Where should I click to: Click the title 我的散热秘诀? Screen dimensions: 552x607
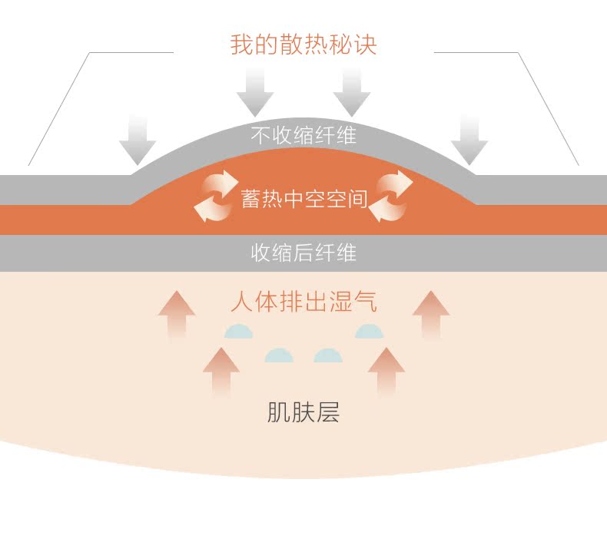click(303, 44)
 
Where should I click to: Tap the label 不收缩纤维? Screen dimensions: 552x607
click(303, 136)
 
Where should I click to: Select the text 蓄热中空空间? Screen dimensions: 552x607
click(303, 200)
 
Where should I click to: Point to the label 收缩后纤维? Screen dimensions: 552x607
click(303, 253)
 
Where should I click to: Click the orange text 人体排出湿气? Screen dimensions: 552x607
click(303, 302)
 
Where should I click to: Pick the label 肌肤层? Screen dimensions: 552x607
click(303, 413)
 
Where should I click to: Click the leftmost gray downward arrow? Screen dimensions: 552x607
click(138, 140)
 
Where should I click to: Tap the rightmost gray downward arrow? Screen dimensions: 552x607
click(469, 140)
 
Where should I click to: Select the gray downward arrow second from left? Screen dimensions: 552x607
click(255, 91)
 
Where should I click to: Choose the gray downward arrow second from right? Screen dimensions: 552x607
click(352, 91)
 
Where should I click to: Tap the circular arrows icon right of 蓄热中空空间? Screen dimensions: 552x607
click(391, 195)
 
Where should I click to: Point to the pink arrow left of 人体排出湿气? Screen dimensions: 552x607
click(177, 313)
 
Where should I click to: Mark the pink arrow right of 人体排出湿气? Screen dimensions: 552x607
click(430, 313)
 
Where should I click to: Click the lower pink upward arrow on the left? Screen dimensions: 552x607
click(221, 371)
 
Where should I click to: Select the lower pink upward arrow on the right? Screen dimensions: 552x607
click(386, 371)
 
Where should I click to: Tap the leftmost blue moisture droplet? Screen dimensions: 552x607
click(238, 332)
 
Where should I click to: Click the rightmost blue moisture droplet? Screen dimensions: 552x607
click(369, 332)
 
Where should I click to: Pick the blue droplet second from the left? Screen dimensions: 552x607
click(279, 355)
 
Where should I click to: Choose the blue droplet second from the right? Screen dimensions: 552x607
click(328, 355)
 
